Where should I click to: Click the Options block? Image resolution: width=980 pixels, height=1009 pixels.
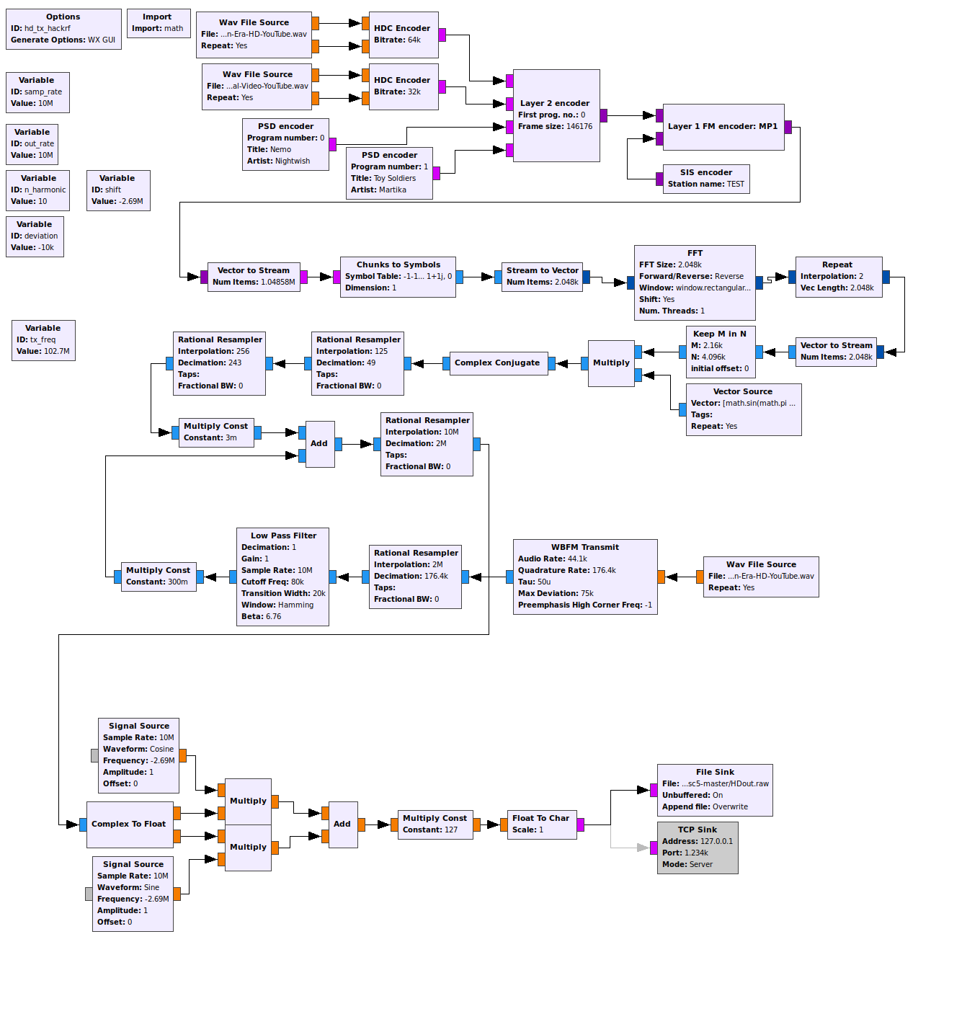click(63, 29)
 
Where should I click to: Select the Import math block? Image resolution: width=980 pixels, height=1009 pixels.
click(159, 23)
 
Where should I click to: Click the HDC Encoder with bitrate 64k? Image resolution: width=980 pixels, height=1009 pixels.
click(403, 35)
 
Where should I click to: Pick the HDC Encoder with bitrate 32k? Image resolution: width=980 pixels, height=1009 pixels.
click(403, 86)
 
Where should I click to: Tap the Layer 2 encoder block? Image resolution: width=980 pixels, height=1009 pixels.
click(556, 115)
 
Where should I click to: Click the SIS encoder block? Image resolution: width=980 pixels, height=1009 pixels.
click(705, 179)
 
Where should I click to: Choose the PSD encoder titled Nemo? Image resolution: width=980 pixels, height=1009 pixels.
click(285, 144)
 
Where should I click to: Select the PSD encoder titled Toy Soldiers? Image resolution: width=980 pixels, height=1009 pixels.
click(389, 173)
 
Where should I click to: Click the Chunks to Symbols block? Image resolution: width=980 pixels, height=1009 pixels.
click(398, 277)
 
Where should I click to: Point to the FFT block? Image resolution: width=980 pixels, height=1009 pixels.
click(695, 283)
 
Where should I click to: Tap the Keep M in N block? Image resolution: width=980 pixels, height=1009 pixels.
click(720, 352)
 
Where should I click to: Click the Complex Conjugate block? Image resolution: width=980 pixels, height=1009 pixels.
click(497, 363)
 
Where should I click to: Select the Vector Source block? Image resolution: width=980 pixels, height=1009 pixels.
click(743, 409)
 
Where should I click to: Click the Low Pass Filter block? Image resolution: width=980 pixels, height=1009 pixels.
click(282, 577)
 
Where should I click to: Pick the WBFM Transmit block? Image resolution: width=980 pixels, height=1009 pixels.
click(585, 577)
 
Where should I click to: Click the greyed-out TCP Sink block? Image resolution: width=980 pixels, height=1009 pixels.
click(697, 848)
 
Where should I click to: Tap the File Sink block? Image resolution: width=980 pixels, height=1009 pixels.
click(715, 790)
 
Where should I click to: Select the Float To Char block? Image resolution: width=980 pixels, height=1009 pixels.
click(540, 824)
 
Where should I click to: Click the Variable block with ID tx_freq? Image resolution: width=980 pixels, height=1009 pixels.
click(43, 340)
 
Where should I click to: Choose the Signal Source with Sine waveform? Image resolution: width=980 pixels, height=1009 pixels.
click(133, 894)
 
